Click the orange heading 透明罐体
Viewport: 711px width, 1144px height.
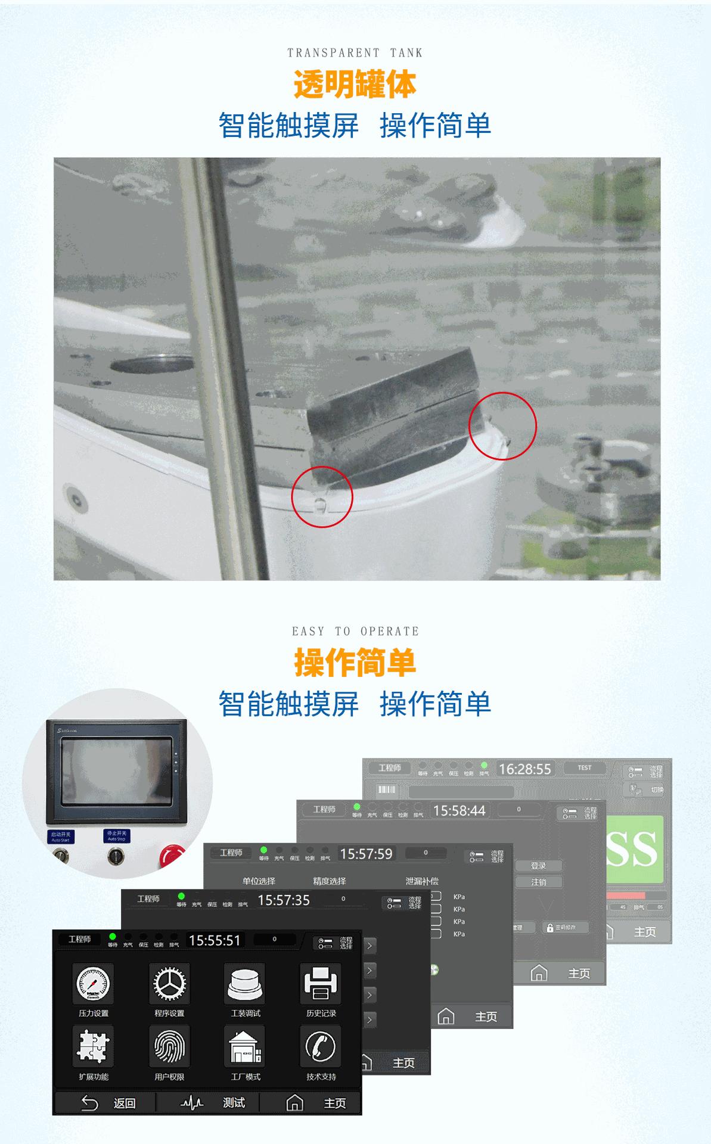click(355, 84)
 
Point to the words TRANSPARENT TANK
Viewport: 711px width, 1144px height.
click(355, 53)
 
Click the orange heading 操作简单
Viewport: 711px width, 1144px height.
click(355, 663)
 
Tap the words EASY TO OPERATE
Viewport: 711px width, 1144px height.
click(355, 632)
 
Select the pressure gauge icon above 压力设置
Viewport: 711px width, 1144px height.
click(93, 984)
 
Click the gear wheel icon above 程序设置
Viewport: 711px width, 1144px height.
click(169, 984)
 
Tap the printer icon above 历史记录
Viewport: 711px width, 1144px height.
click(321, 984)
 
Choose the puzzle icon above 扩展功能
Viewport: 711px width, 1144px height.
click(93, 1047)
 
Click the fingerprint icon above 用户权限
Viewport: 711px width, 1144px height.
click(169, 1047)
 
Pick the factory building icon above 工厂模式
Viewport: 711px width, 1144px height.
click(245, 1047)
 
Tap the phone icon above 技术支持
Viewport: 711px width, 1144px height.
click(321, 1047)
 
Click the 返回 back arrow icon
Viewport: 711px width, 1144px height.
click(89, 1103)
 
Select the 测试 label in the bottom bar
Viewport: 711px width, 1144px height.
click(234, 1103)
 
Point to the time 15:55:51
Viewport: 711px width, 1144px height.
click(215, 941)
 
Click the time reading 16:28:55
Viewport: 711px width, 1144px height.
click(524, 769)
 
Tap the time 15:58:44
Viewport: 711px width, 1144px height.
click(459, 811)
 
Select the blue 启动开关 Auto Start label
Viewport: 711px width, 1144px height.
click(61, 836)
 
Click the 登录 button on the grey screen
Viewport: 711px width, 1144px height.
click(538, 866)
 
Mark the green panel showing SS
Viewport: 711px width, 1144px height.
click(634, 849)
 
